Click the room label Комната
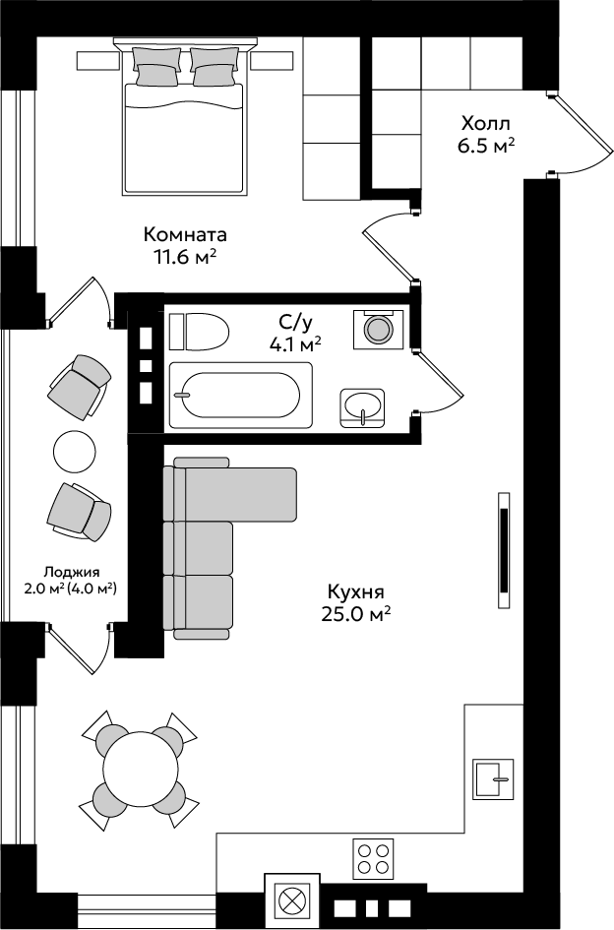click(185, 235)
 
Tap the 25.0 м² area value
click(355, 614)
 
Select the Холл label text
click(485, 124)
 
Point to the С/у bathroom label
click(295, 323)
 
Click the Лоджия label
click(71, 573)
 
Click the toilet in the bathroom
click(200, 332)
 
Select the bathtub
click(241, 395)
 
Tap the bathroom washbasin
click(362, 407)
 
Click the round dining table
click(141, 770)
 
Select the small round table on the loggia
click(74, 450)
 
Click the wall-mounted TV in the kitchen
click(504, 550)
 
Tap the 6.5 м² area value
click(485, 146)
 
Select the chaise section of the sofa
click(236, 492)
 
